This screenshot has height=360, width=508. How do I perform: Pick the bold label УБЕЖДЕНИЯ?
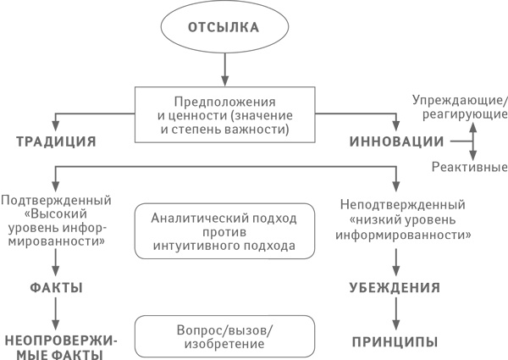coord(395,288)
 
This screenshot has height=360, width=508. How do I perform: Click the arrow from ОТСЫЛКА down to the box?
coord(224,68)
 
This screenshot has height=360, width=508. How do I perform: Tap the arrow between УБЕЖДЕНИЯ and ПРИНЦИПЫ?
coord(395,313)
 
